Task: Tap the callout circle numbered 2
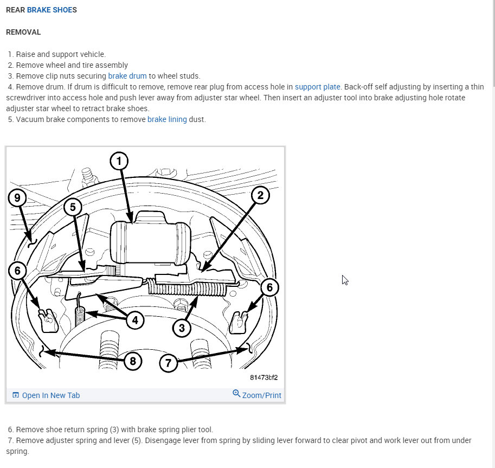click(260, 196)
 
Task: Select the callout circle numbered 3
click(182, 328)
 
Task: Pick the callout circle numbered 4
click(135, 320)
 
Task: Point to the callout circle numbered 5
click(73, 207)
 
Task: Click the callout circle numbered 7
click(169, 362)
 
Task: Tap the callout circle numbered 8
click(133, 361)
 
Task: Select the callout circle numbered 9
click(18, 198)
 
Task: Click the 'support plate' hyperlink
click(318, 87)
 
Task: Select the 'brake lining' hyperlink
click(167, 119)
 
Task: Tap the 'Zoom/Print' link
click(257, 395)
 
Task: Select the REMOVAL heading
click(23, 32)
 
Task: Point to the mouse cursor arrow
click(345, 280)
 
